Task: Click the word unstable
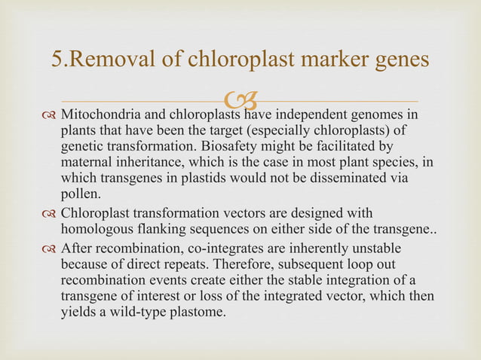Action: (381, 247)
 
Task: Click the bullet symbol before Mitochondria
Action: (49, 116)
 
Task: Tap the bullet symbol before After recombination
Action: (49, 248)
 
